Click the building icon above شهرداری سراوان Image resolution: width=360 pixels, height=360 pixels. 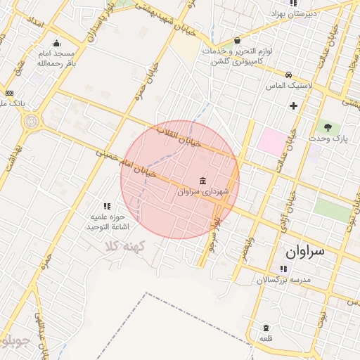click(x=203, y=179)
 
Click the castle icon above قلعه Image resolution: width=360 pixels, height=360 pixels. click(x=266, y=328)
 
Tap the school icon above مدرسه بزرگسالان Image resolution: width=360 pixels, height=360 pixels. click(x=282, y=269)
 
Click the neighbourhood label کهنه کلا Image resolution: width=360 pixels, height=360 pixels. click(x=123, y=246)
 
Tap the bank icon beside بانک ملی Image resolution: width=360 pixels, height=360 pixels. click(x=9, y=93)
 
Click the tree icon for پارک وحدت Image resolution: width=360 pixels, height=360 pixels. click(x=328, y=127)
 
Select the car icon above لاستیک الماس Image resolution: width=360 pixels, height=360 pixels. click(x=288, y=74)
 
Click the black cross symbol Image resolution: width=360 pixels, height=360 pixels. click(x=293, y=105)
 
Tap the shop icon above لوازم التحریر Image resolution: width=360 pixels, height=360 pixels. click(x=237, y=40)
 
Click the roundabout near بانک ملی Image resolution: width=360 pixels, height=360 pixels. click(x=30, y=122)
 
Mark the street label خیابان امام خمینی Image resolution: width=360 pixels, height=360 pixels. click(x=131, y=165)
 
